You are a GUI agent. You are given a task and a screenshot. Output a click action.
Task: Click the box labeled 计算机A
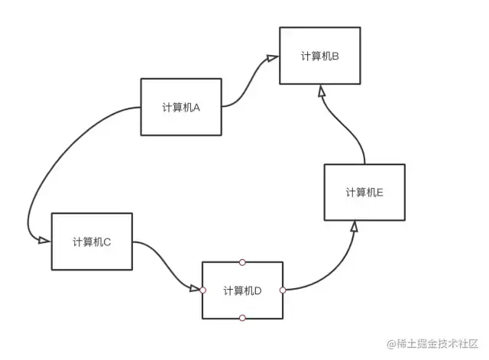181,107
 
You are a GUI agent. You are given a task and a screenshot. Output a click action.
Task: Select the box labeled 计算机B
319,56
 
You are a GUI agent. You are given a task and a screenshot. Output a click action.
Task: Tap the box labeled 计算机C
92,242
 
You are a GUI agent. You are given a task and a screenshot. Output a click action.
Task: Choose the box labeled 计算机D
242,290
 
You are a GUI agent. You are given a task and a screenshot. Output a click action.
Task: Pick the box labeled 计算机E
364,192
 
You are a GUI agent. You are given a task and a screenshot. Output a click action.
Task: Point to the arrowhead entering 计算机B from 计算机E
322,91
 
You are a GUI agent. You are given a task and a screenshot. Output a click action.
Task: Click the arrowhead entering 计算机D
195,289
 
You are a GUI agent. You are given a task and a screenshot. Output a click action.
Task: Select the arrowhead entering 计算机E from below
355,226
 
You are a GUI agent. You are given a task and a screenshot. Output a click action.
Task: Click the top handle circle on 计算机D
242,262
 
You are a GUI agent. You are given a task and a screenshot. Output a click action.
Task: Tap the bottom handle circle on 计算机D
242,318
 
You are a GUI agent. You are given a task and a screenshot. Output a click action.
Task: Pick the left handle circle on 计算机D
202,290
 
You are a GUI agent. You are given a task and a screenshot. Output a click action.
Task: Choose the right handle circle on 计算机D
283,290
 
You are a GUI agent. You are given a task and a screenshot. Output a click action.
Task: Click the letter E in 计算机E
380,193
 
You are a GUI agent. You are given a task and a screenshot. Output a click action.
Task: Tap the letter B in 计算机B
335,56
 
